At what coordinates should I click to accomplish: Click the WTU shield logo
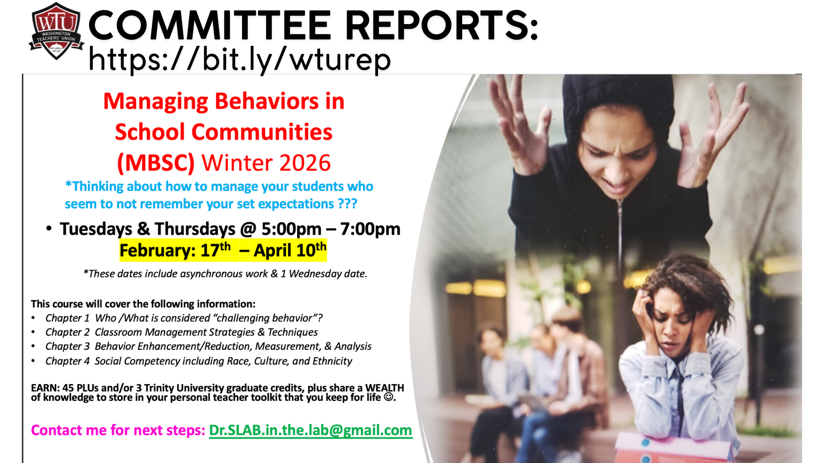click(56, 31)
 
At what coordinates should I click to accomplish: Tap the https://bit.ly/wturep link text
click(239, 60)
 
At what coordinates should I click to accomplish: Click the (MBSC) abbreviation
click(156, 163)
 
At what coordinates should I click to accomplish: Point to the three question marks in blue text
click(348, 204)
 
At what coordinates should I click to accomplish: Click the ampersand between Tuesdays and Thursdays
click(143, 228)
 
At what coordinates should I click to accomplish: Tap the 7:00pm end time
click(370, 229)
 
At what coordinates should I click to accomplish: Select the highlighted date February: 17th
click(175, 250)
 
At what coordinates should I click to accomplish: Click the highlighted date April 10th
click(290, 250)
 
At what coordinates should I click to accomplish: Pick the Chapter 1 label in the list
click(67, 318)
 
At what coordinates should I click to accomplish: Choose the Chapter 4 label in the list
click(67, 361)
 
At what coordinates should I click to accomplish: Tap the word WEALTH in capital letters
click(385, 388)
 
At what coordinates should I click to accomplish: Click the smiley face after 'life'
click(388, 397)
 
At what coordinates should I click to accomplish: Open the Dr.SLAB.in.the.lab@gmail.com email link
click(311, 430)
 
